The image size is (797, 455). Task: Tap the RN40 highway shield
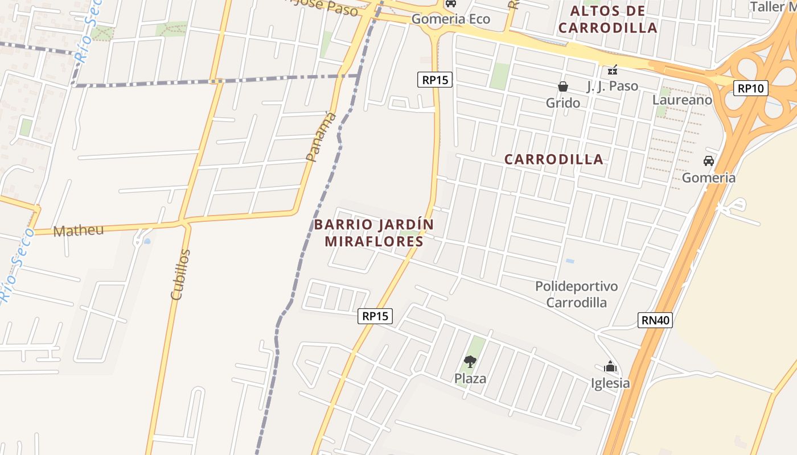tap(655, 320)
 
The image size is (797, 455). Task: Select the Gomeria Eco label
tap(450, 19)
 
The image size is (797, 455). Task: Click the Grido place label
tap(562, 103)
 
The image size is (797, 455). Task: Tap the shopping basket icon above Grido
tap(562, 86)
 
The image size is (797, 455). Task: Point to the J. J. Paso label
tap(612, 86)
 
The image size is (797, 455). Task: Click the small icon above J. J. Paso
tap(612, 71)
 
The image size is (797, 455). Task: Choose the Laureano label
tap(681, 100)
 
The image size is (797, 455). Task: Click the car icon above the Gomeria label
tap(708, 161)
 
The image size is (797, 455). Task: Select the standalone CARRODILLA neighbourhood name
tap(553, 159)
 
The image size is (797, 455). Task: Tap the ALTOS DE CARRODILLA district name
tap(607, 19)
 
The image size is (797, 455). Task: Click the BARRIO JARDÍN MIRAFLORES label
tap(374, 233)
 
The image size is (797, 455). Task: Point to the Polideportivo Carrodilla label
tap(576, 294)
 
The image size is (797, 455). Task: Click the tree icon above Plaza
tap(470, 361)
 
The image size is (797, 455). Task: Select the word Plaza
tap(470, 378)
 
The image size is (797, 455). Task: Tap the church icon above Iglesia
tap(610, 366)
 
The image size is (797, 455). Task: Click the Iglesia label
tap(610, 383)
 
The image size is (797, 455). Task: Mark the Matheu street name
tap(79, 230)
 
